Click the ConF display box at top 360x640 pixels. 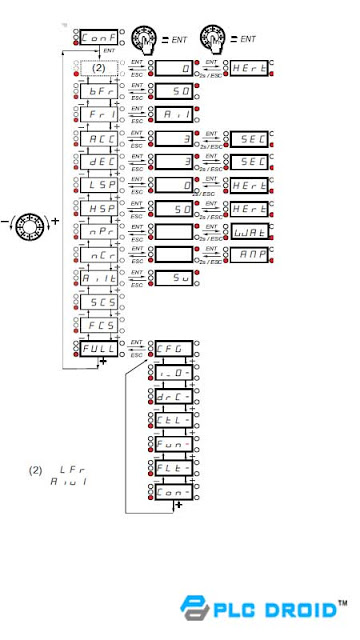point(97,39)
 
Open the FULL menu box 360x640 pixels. point(97,346)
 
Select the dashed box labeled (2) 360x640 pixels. point(97,67)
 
